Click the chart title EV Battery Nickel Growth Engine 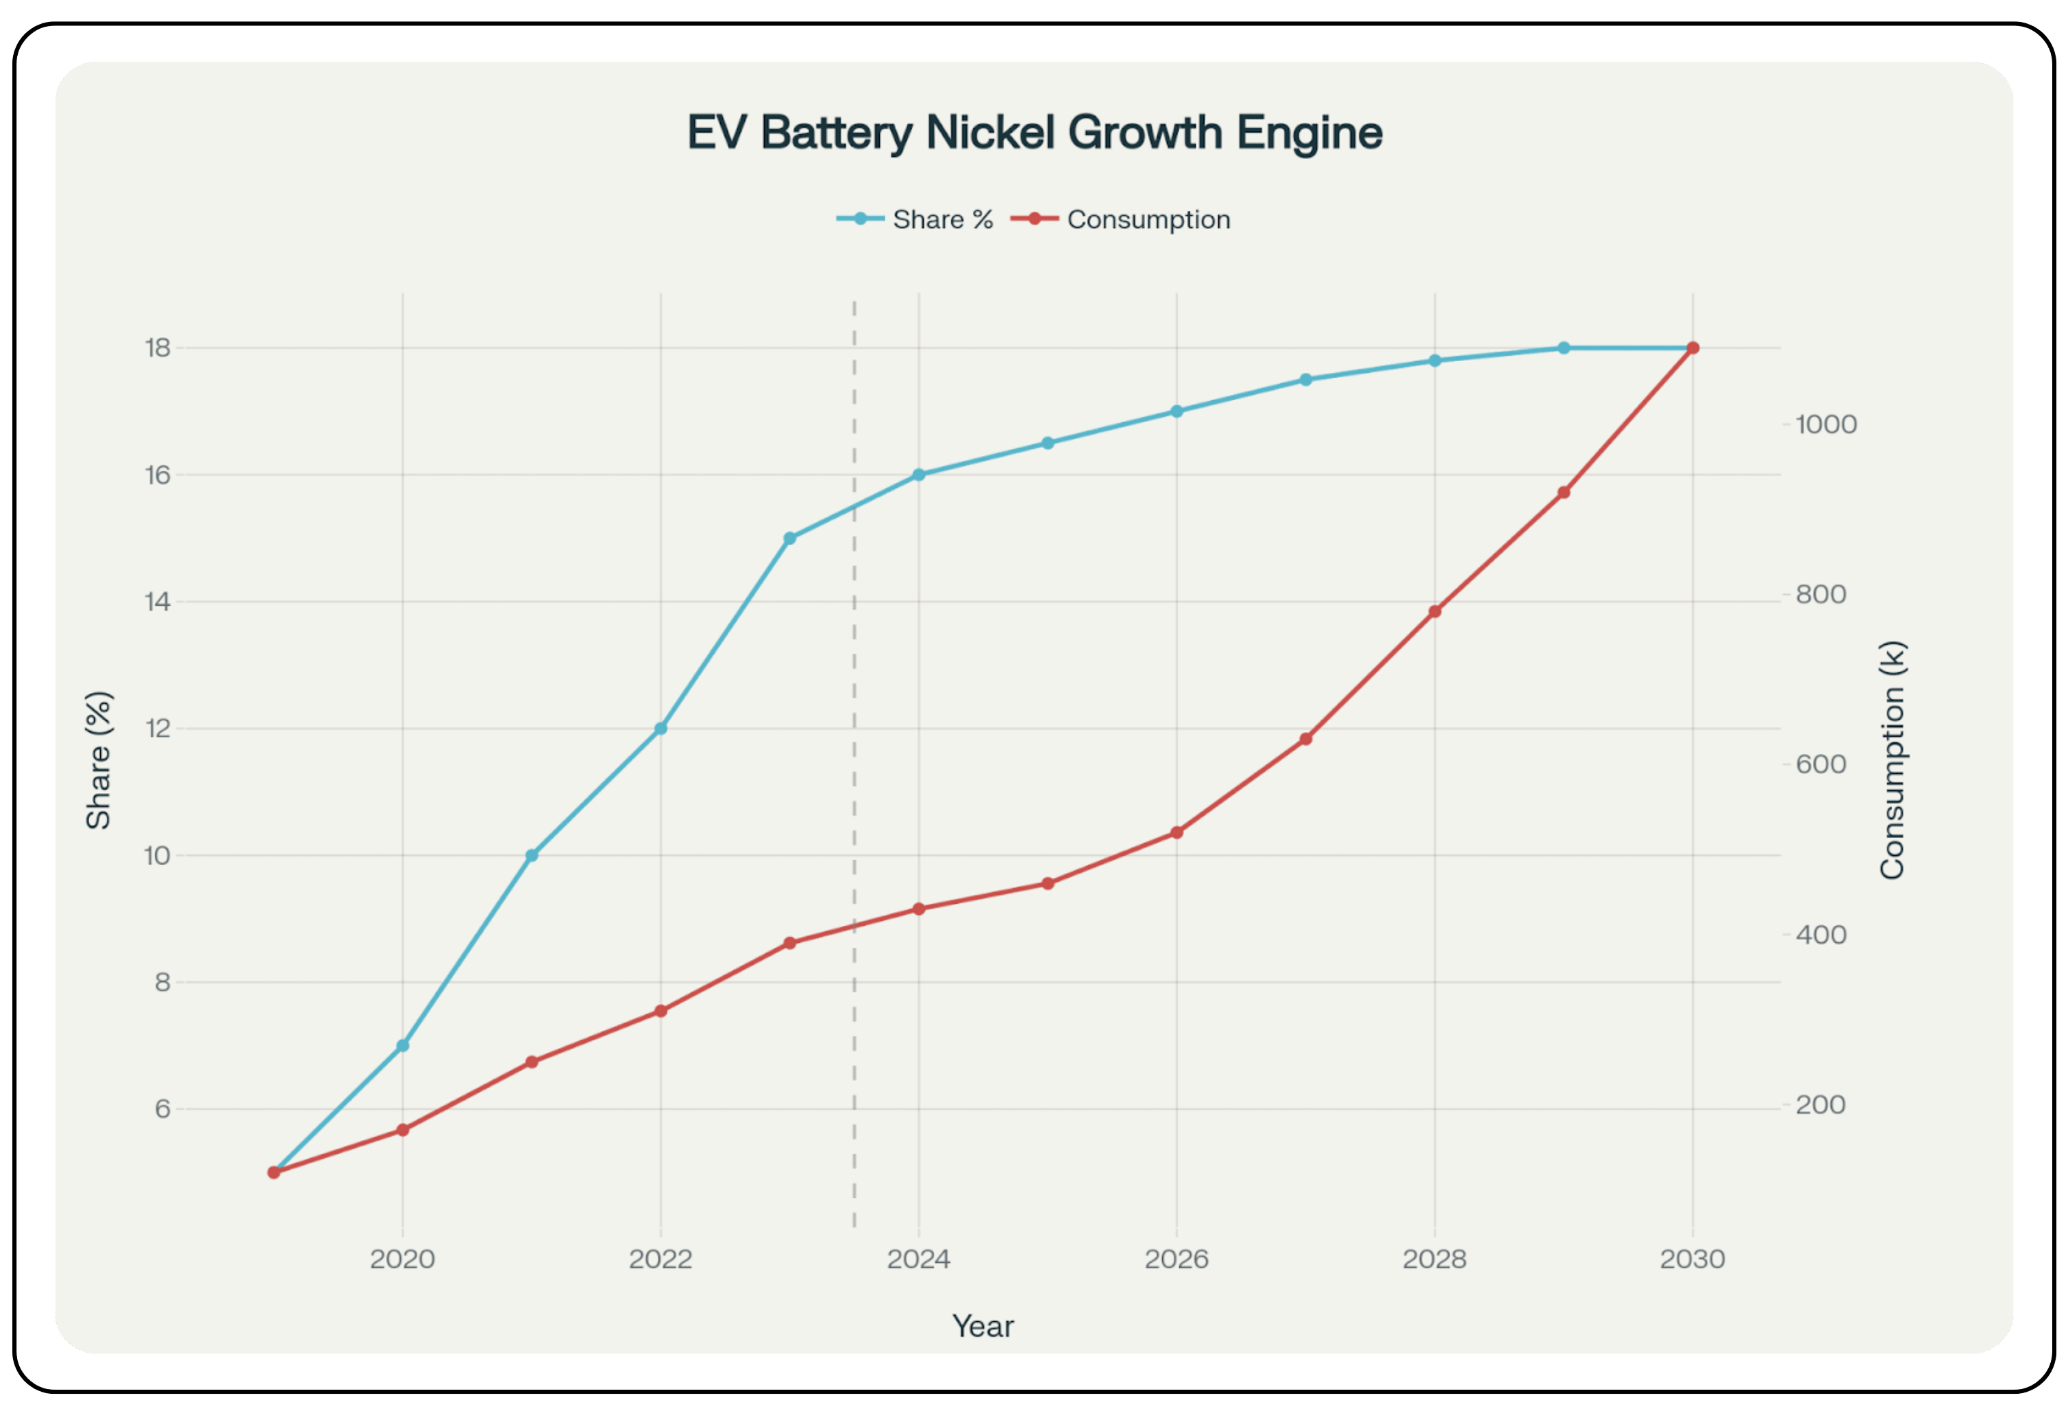pos(1034,132)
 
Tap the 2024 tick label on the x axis pos(918,1259)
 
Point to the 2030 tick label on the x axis pos(1692,1259)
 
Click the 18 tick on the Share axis pos(158,348)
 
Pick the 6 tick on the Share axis pos(162,1109)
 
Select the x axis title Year pos(983,1326)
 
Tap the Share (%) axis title pos(99,761)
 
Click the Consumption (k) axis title pos(1892,761)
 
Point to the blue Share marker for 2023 pos(789,539)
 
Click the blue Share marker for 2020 pos(402,1046)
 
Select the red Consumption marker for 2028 pos(1434,611)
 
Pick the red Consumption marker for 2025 pos(1047,883)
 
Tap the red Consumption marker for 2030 pos(1692,348)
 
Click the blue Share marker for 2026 pos(1177,411)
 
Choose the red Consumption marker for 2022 pos(661,1011)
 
